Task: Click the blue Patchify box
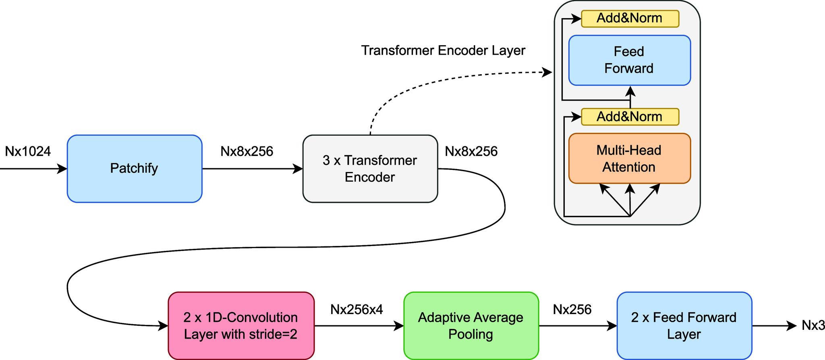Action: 134,168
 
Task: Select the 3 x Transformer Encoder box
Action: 370,168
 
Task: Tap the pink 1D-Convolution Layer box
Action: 241,325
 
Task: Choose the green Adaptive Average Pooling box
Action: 471,325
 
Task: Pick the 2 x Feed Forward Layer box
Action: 684,325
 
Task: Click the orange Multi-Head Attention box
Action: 629,158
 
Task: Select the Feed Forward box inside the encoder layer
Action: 629,60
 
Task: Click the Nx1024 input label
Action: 28,151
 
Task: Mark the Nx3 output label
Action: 813,325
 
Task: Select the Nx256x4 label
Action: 357,309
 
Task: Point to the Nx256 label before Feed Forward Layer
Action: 572,309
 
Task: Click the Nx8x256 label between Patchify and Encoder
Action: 247,151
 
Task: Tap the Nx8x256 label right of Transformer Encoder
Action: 471,151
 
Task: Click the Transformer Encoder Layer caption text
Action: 443,51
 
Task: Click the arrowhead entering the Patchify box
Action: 62,169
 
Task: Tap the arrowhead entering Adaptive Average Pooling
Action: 399,326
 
